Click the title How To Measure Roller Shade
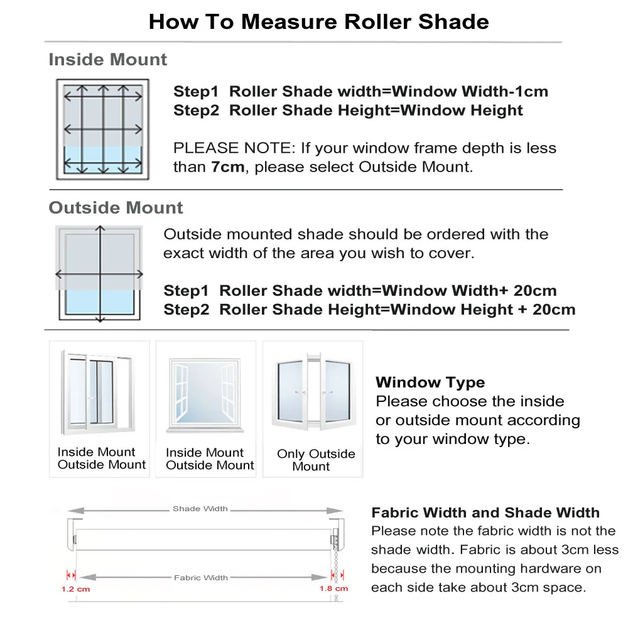[x=318, y=22]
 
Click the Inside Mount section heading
[x=108, y=60]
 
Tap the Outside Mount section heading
[x=116, y=208]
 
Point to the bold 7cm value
[x=224, y=167]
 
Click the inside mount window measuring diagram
[x=102, y=129]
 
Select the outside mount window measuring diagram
[x=99, y=273]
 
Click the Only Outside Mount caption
[x=315, y=460]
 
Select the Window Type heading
[x=430, y=382]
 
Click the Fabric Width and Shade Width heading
[x=485, y=513]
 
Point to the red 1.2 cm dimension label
[x=75, y=589]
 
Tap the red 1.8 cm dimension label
[x=333, y=589]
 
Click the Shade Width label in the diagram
[x=200, y=509]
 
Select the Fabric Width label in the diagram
[x=201, y=578]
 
